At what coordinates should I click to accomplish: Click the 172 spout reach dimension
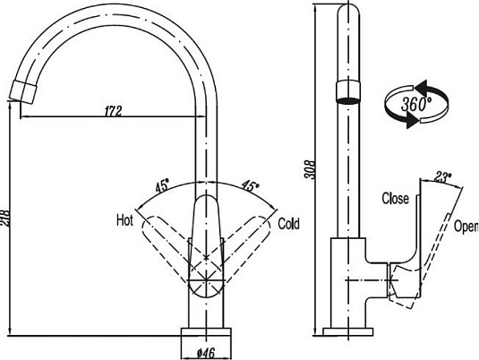coord(113,111)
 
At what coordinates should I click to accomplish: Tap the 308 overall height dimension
coord(311,171)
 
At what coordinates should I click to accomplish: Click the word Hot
coord(124,219)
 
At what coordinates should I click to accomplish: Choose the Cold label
coord(288,223)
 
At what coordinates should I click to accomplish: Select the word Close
coord(395,198)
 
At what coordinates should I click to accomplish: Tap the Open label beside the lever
coord(466,227)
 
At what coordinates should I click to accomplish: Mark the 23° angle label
coord(442,177)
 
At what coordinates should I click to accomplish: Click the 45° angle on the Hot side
coord(162,187)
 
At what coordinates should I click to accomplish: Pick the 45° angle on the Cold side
coord(250,187)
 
